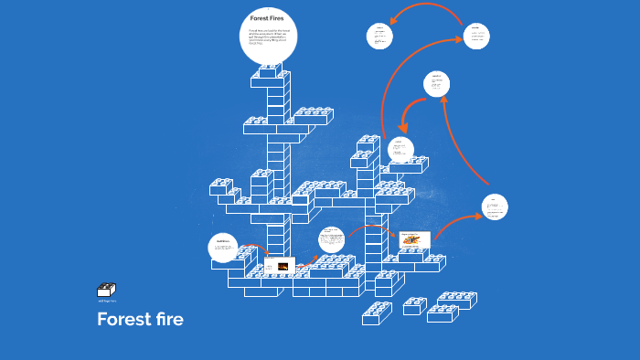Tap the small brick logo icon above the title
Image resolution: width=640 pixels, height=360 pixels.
pos(106,290)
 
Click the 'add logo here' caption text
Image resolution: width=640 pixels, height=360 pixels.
pos(106,301)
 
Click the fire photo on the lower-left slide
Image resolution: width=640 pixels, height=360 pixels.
pos(283,267)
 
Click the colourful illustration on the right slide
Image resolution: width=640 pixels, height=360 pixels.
pos(414,240)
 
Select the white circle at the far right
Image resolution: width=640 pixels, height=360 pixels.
pos(495,206)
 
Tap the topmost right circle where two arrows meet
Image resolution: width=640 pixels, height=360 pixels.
pos(475,36)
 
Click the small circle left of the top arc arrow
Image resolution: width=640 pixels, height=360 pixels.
pos(379,36)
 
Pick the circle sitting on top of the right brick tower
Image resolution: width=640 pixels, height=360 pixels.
pos(400,150)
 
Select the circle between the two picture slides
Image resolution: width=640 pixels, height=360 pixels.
pos(331,241)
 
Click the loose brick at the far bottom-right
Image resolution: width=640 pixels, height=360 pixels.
pos(456,301)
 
